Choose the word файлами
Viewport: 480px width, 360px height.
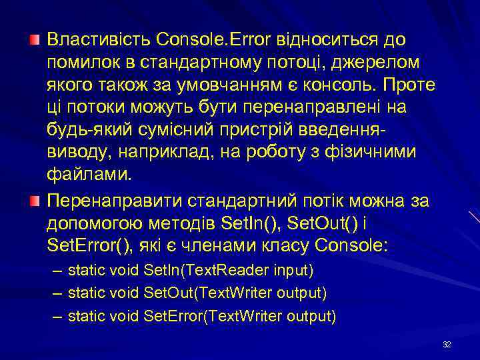(89, 175)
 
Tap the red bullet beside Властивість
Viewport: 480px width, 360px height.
(34, 41)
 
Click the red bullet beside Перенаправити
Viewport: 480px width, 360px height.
(34, 201)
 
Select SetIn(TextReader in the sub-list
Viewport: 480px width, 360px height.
(202, 271)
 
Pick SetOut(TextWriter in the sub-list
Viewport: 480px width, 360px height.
(207, 293)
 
